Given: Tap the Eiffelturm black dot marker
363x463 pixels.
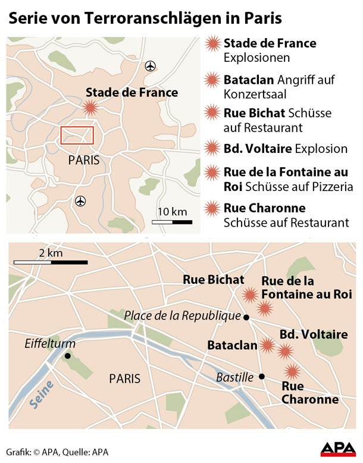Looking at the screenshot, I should [x=68, y=356].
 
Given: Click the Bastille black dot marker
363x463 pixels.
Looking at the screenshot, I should [x=261, y=376].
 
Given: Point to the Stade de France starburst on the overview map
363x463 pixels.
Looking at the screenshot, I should [x=90, y=108].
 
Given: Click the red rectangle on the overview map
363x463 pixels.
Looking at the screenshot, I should [x=77, y=135].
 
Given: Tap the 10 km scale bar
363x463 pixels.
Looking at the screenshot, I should [x=172, y=222].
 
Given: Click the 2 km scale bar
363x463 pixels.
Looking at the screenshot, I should [x=51, y=261].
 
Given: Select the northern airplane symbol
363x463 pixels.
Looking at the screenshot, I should [x=150, y=65].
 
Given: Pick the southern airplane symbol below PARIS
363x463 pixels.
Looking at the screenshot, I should [x=81, y=201].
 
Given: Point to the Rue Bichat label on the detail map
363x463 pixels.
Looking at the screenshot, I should [x=213, y=279].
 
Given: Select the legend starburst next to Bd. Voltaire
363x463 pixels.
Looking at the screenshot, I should [x=211, y=148].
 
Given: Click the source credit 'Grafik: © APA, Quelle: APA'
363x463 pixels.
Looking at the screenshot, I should [x=58, y=451].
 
